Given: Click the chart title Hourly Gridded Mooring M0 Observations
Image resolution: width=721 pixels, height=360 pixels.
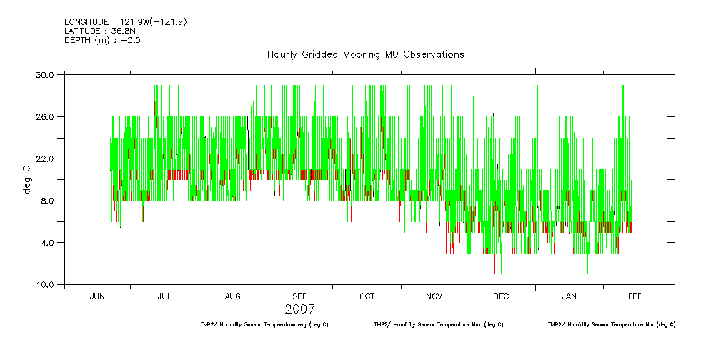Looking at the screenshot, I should point(365,54).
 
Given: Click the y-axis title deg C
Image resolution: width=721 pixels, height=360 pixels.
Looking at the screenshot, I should point(26,179).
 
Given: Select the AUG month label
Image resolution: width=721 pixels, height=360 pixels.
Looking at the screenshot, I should point(233,296).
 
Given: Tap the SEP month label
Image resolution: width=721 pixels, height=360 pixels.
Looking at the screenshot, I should point(300,296).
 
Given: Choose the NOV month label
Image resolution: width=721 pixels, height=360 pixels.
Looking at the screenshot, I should point(434,296).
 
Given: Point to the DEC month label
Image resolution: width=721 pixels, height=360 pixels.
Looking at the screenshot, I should point(501,296).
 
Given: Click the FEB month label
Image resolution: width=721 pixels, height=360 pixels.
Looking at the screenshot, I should point(635,296).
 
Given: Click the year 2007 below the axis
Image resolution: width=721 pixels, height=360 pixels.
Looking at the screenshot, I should point(299,309).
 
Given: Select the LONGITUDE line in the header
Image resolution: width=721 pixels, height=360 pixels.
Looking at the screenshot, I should point(126,22).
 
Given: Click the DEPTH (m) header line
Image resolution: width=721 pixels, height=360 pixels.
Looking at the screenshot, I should point(102,40).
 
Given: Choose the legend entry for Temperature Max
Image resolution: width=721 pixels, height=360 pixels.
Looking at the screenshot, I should point(438,324).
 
